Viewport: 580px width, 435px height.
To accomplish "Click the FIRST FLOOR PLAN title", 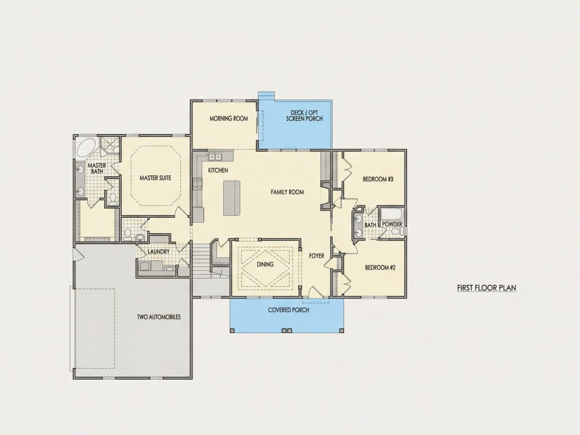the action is point(487,288).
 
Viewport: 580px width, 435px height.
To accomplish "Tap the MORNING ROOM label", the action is point(229,119).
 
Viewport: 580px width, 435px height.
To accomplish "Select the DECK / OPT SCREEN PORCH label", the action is point(304,116).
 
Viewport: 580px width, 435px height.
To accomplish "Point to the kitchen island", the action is point(231,198).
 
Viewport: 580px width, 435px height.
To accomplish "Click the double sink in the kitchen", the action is point(215,157).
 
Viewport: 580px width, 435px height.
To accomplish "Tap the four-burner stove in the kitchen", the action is point(198,184).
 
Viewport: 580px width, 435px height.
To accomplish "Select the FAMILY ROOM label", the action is point(287,192).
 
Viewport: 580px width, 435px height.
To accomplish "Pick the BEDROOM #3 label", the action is point(378,179).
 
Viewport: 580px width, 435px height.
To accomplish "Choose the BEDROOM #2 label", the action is point(380,267).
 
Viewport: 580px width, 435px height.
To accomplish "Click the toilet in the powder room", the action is point(396,231).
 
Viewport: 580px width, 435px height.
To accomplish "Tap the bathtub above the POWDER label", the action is point(392,214).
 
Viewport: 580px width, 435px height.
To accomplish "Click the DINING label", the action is point(265,265).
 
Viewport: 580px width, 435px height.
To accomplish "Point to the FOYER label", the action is point(317,256).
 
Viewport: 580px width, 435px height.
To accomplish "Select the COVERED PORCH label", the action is point(288,310).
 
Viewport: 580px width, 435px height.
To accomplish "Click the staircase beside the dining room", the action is point(201,259).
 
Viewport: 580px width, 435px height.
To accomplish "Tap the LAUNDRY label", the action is point(159,252).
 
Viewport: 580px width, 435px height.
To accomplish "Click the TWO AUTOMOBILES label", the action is point(159,317).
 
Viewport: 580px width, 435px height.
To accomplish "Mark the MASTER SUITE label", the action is point(156,178).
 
